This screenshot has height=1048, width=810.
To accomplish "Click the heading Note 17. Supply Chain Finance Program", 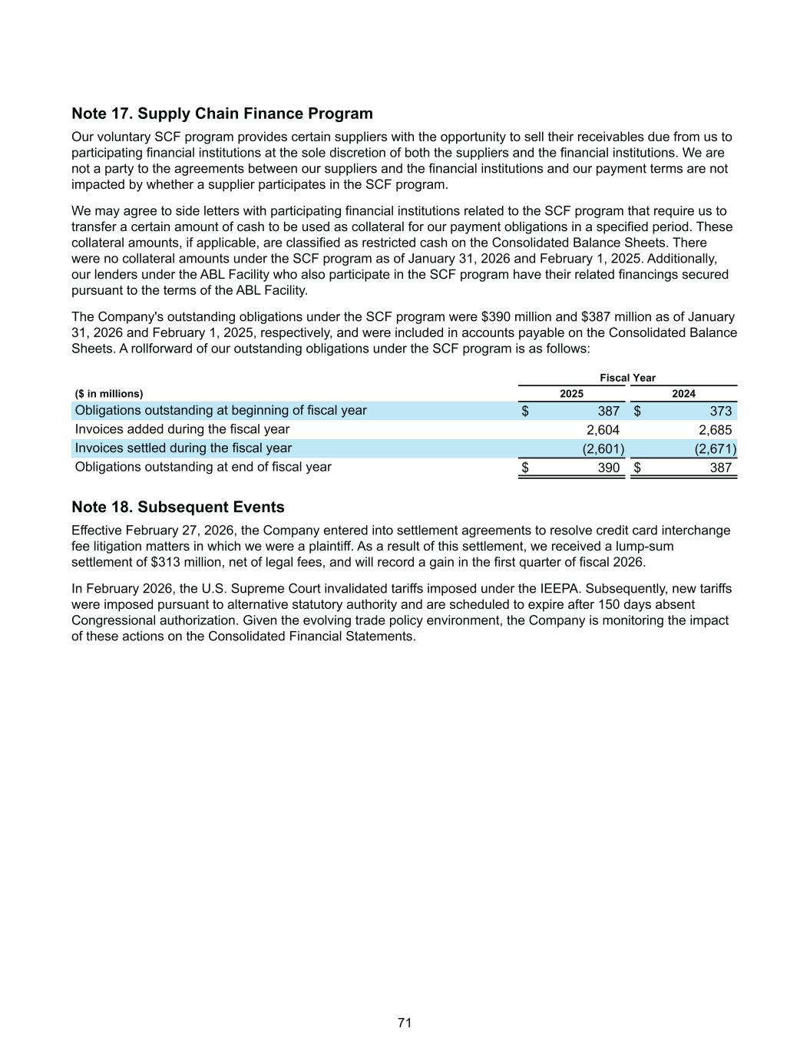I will point(222,114).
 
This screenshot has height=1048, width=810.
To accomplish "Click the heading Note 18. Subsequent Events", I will point(177,507).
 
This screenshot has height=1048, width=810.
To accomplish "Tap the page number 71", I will point(405,1023).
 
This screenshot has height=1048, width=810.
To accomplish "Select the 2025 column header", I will point(571,394).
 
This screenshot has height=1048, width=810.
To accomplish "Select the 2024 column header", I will point(683,394).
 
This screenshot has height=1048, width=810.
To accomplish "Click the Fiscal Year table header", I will point(627,378).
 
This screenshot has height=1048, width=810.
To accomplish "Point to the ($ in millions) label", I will point(109,394).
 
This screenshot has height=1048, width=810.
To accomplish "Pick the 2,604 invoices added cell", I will point(603,430).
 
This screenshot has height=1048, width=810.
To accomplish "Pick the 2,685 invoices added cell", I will point(715,430).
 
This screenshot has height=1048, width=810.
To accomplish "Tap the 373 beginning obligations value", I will point(720,411).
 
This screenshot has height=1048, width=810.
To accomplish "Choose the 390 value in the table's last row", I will point(609,468).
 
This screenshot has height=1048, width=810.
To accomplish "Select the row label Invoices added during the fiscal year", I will point(182,429).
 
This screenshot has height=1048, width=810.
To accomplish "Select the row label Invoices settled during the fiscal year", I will point(183,448).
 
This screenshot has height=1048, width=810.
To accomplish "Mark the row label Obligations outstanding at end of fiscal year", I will point(203,467).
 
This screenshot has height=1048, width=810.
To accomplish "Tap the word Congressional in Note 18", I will point(108,620).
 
